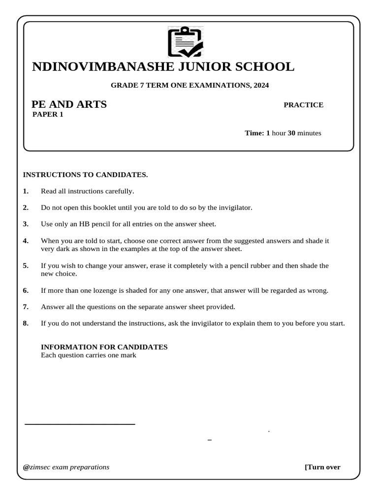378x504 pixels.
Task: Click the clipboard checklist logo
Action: pyautogui.click(x=185, y=42)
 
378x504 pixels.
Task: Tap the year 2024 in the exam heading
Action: pyautogui.click(x=261, y=85)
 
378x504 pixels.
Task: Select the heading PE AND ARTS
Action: pyautogui.click(x=69, y=104)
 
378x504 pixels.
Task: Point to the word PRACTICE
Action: pyautogui.click(x=303, y=105)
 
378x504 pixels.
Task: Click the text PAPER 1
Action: pyautogui.click(x=48, y=115)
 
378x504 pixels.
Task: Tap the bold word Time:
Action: pyautogui.click(x=254, y=133)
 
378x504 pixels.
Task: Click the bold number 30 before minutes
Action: pyautogui.click(x=291, y=133)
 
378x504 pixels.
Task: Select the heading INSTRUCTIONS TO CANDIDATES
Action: pyautogui.click(x=85, y=175)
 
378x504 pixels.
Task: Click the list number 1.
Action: pyautogui.click(x=26, y=191)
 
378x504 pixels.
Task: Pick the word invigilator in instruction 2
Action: pyautogui.click(x=234, y=208)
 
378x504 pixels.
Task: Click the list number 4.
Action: pyautogui.click(x=26, y=241)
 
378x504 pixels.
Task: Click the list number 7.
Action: pyautogui.click(x=26, y=307)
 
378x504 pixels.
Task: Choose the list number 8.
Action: pyautogui.click(x=26, y=323)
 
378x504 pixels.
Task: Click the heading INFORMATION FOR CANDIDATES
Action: pyautogui.click(x=104, y=347)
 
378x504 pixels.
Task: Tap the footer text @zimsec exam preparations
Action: pyautogui.click(x=66, y=467)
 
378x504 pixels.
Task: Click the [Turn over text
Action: pyautogui.click(x=322, y=467)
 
